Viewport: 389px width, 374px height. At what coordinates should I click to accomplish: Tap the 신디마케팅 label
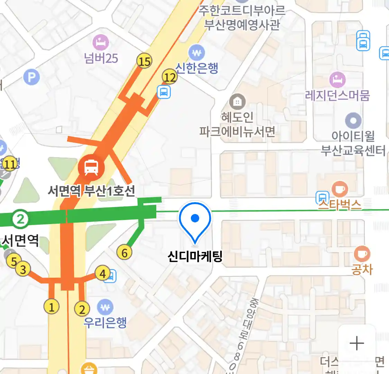(x=195, y=257)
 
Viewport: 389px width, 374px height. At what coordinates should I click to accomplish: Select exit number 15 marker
(x=145, y=61)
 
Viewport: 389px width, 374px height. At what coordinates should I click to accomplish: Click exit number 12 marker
(x=170, y=77)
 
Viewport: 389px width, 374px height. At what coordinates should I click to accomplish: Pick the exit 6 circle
(x=124, y=252)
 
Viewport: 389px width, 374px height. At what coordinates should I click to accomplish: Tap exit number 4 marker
(x=102, y=274)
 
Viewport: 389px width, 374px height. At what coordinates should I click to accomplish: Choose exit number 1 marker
(x=52, y=307)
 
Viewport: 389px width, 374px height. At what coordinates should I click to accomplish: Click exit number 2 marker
(x=82, y=309)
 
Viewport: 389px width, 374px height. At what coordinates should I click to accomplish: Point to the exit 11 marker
(x=10, y=164)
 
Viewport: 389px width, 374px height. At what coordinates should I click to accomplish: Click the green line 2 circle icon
(x=20, y=219)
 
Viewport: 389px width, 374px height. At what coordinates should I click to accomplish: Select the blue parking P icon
(x=31, y=77)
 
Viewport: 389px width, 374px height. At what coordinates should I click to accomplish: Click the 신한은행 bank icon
(x=197, y=53)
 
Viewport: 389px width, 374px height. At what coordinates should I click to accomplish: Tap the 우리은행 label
(x=105, y=322)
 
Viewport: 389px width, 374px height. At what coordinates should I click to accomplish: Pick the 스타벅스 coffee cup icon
(x=340, y=189)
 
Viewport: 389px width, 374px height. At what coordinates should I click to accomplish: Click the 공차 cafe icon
(x=362, y=254)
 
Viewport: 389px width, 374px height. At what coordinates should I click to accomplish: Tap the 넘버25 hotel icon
(x=101, y=43)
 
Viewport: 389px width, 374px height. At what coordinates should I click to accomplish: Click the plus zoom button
(x=357, y=343)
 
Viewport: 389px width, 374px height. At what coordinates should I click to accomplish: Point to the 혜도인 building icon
(x=237, y=102)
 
